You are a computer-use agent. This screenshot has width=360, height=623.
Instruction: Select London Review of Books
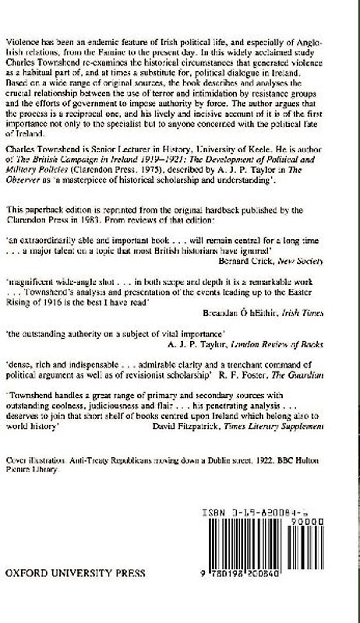point(271,337)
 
